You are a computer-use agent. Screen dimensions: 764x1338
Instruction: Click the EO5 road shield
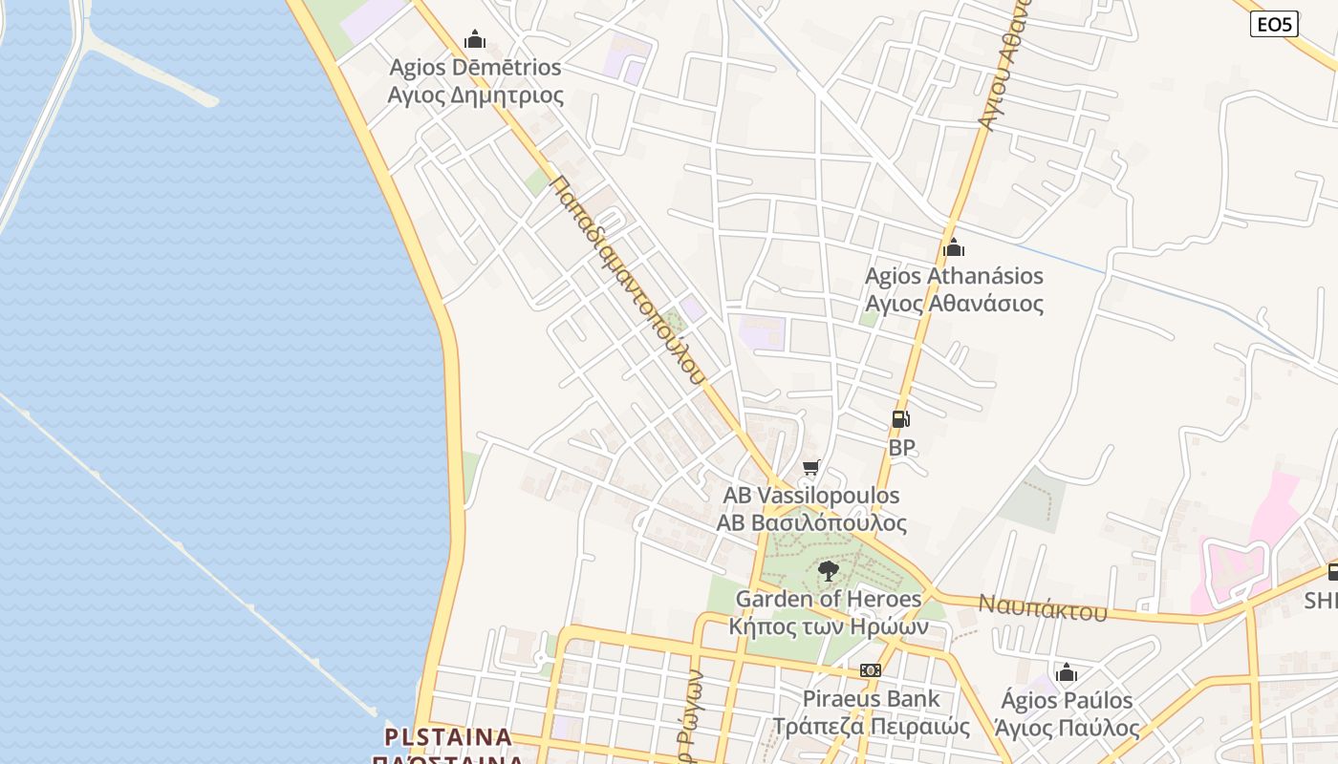(1274, 24)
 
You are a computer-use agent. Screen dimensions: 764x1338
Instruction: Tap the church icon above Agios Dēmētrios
(475, 39)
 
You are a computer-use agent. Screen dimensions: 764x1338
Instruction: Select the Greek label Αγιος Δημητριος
(475, 95)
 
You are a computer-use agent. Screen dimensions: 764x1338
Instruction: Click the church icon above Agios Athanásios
(953, 248)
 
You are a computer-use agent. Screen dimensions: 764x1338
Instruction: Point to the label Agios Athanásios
(954, 276)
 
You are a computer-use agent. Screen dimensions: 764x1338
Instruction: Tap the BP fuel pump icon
(900, 419)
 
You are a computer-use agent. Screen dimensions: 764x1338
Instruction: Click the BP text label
(901, 447)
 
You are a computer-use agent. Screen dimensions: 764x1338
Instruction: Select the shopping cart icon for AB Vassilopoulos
(811, 467)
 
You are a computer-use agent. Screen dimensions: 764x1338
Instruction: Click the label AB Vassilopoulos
(811, 496)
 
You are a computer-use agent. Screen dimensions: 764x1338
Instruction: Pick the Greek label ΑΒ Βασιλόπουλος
(811, 523)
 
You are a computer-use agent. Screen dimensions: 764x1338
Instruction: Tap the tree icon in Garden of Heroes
(829, 571)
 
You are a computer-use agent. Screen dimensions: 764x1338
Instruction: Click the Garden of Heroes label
(829, 600)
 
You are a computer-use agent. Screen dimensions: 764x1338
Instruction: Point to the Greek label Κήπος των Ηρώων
(829, 627)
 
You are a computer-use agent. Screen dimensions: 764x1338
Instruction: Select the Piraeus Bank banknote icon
(871, 670)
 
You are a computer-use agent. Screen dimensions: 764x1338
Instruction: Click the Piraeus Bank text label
(871, 699)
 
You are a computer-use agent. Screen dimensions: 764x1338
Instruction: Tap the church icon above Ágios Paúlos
(1067, 672)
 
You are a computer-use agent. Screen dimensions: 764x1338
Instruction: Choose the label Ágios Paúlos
(1067, 700)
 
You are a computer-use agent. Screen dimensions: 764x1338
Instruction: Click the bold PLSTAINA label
(448, 737)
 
